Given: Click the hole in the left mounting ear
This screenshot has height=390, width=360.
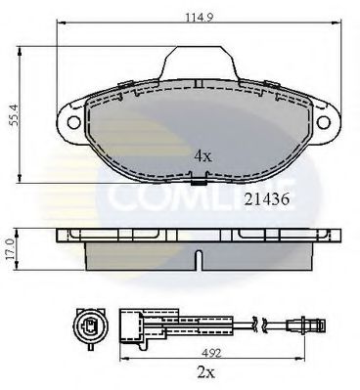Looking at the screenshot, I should point(72,123).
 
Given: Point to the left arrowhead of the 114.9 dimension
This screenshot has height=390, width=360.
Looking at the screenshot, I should point(60,22).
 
